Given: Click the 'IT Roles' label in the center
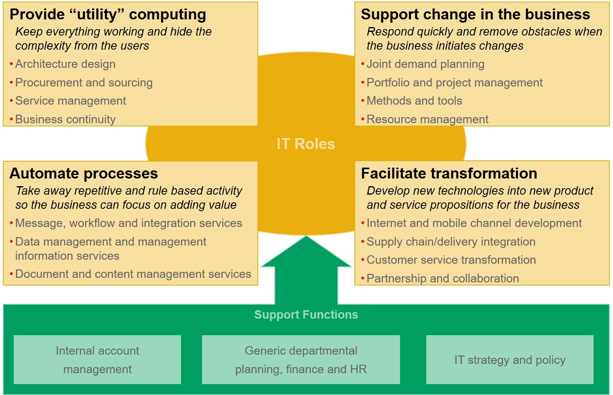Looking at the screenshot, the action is point(305,144).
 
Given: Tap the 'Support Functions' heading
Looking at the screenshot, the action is point(306,315).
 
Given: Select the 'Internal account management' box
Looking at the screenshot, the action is point(97,360).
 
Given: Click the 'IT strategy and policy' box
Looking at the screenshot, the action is point(510,360).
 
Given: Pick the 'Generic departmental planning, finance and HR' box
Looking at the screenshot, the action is point(301,360).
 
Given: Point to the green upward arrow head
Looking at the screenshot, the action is point(306,252).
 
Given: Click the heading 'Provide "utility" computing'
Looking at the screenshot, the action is point(108,15).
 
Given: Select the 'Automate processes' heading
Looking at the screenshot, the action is point(84,173).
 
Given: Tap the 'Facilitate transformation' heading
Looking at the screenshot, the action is point(449,173).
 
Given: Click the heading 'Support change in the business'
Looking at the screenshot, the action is point(476,14).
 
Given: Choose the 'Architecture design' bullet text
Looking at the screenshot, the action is point(65,64).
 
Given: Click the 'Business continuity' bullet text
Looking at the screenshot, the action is point(65,120).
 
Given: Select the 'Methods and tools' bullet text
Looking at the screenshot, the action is point(414,101).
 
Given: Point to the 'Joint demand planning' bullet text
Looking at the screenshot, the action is point(426,64).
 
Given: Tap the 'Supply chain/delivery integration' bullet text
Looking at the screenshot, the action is point(451,242).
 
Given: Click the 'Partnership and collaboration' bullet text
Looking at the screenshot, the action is point(443,278).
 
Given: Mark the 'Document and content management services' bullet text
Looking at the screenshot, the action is point(133,274).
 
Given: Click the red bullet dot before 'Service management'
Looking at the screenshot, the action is point(11,101).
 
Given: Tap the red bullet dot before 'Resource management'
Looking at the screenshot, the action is point(362,119).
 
